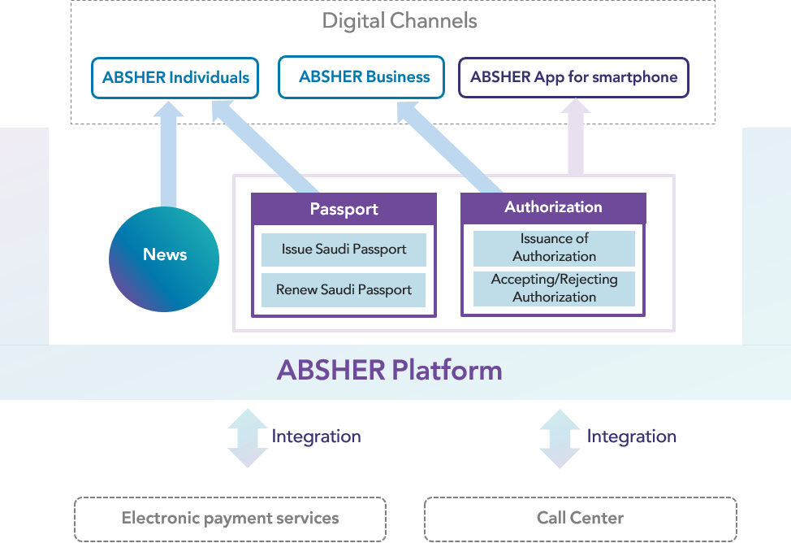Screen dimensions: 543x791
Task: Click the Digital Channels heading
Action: click(400, 20)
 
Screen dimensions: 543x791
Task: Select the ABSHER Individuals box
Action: click(175, 78)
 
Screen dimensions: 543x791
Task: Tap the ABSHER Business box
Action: click(361, 77)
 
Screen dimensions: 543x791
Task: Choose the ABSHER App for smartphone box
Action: click(573, 78)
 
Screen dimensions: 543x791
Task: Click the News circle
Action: click(164, 254)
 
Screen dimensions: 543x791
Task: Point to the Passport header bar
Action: click(344, 209)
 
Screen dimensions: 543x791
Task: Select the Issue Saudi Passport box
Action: click(344, 250)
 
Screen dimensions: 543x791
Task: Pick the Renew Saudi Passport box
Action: click(344, 290)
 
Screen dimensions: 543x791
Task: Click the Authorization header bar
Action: click(553, 207)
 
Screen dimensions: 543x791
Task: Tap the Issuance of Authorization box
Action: click(554, 248)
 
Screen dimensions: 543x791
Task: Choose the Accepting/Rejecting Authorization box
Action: click(554, 289)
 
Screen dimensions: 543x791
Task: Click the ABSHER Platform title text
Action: click(390, 371)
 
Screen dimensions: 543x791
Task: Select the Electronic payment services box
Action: click(230, 518)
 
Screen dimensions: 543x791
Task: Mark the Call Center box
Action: click(580, 518)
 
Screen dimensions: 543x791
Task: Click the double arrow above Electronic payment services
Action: click(247, 438)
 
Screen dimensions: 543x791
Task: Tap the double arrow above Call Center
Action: click(560, 438)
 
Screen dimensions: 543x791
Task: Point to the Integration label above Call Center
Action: click(631, 437)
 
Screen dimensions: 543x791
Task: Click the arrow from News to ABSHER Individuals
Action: click(169, 159)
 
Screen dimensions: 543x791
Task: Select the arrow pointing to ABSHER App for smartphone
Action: click(575, 138)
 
